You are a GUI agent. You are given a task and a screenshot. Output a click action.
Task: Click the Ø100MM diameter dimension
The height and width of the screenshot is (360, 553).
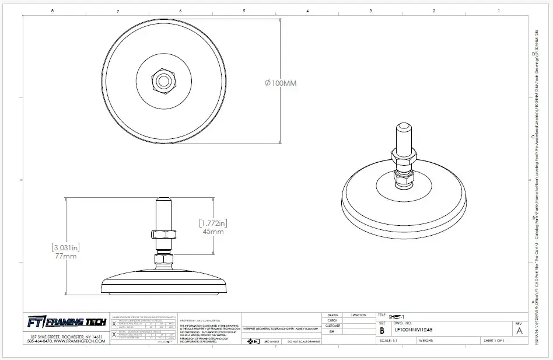(x=281, y=83)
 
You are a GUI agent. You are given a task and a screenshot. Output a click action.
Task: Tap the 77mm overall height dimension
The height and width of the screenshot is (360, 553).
(x=65, y=256)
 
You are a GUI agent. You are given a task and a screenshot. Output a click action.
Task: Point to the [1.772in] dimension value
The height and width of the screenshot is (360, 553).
(x=212, y=223)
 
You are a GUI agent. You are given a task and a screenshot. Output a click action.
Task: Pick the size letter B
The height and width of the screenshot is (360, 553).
(x=382, y=330)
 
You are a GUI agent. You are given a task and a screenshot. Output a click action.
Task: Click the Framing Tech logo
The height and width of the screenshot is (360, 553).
(x=66, y=323)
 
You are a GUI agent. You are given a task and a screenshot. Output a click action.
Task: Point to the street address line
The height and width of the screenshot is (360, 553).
(x=66, y=337)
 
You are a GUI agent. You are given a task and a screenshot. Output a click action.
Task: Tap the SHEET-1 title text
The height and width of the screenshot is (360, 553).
(x=397, y=315)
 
